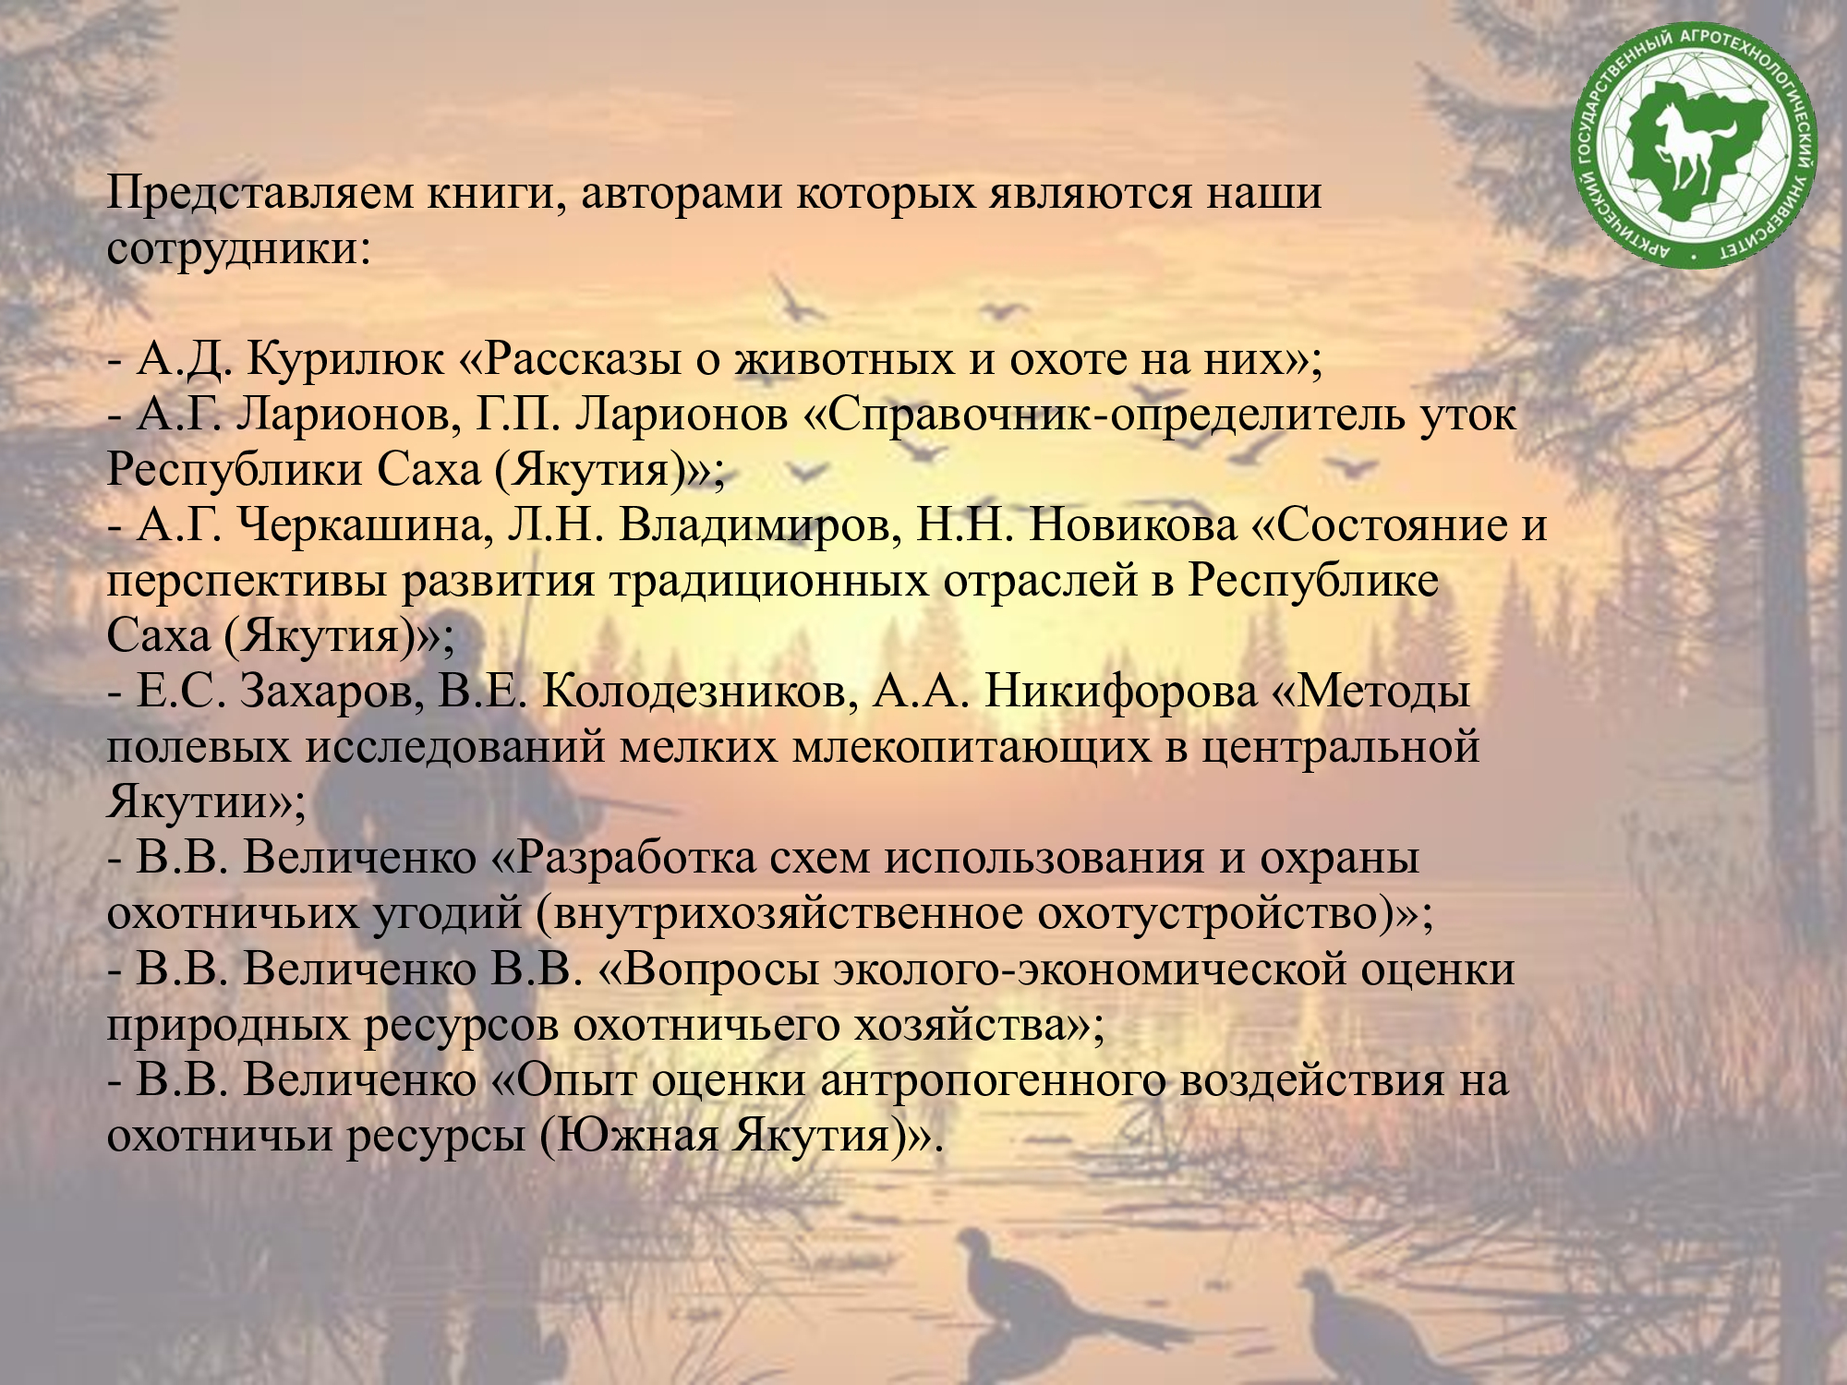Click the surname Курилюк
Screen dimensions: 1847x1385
(x=345, y=358)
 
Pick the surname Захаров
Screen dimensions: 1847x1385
(x=328, y=692)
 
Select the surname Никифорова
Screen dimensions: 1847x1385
(x=1121, y=692)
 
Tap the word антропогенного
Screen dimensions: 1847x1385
(x=993, y=1080)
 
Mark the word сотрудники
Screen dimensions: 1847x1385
(x=238, y=248)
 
